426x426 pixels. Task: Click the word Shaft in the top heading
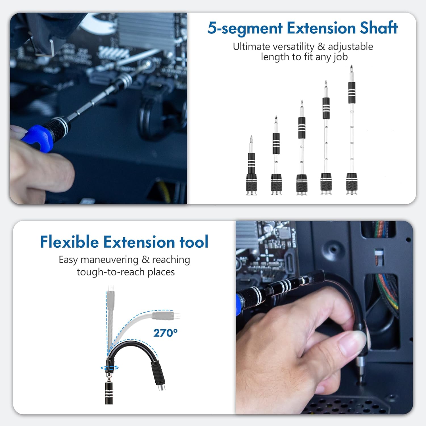pos(379,28)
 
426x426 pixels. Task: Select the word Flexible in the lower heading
pos(69,242)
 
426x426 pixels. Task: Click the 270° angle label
pos(166,333)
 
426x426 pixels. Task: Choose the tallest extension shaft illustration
pos(352,131)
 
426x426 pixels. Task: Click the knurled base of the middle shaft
pos(302,183)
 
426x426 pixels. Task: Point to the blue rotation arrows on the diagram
pos(110,368)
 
